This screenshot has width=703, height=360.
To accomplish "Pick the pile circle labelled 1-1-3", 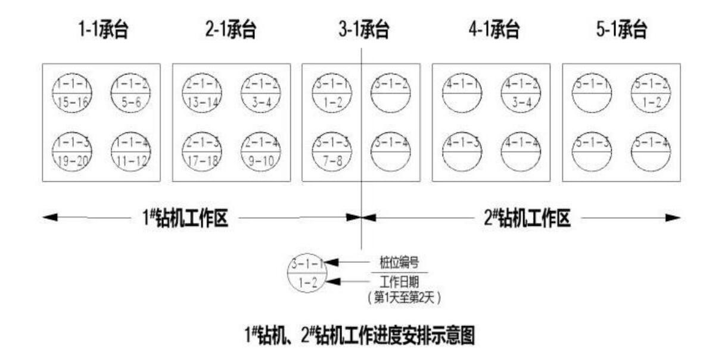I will (x=72, y=151).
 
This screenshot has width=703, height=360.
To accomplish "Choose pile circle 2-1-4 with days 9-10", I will (x=260, y=151).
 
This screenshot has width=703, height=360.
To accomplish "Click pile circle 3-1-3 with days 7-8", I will (x=332, y=151).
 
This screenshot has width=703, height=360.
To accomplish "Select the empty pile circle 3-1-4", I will (x=390, y=151).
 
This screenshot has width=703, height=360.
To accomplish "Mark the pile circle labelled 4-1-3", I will (x=462, y=151).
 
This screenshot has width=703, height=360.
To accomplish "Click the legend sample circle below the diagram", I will (x=307, y=272).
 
